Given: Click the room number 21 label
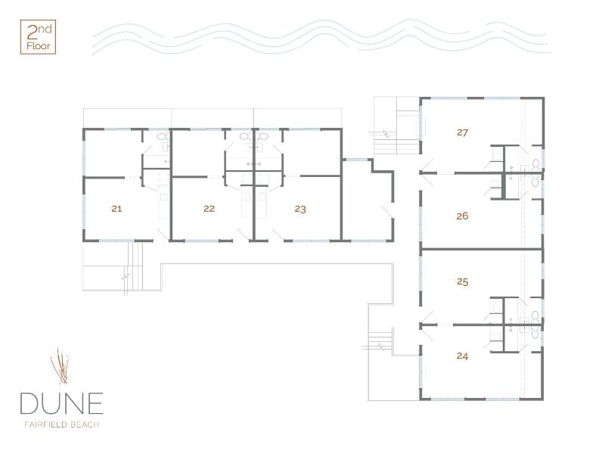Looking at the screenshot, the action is click(116, 209).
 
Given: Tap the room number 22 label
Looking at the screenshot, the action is click(209, 209).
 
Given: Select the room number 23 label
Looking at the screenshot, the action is click(300, 210).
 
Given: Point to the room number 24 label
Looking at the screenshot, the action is click(462, 356).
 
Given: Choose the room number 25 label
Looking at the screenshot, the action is click(462, 281).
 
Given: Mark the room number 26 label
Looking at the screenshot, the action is click(462, 216).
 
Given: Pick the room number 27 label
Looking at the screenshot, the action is click(462, 132).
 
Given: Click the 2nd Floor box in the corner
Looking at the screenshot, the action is click(38, 37).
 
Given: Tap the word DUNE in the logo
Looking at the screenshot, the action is click(62, 403).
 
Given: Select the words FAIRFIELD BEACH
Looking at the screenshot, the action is click(62, 424).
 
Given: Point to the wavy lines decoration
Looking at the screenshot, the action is click(320, 36).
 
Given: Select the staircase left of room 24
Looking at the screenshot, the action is click(381, 340).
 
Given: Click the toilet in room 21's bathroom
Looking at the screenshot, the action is click(163, 136).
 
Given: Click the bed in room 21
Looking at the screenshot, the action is click(163, 201).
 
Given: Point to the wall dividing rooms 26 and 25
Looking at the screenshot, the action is click(482, 250).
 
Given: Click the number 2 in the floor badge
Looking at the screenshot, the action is click(32, 33).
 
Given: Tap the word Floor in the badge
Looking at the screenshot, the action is click(39, 46).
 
